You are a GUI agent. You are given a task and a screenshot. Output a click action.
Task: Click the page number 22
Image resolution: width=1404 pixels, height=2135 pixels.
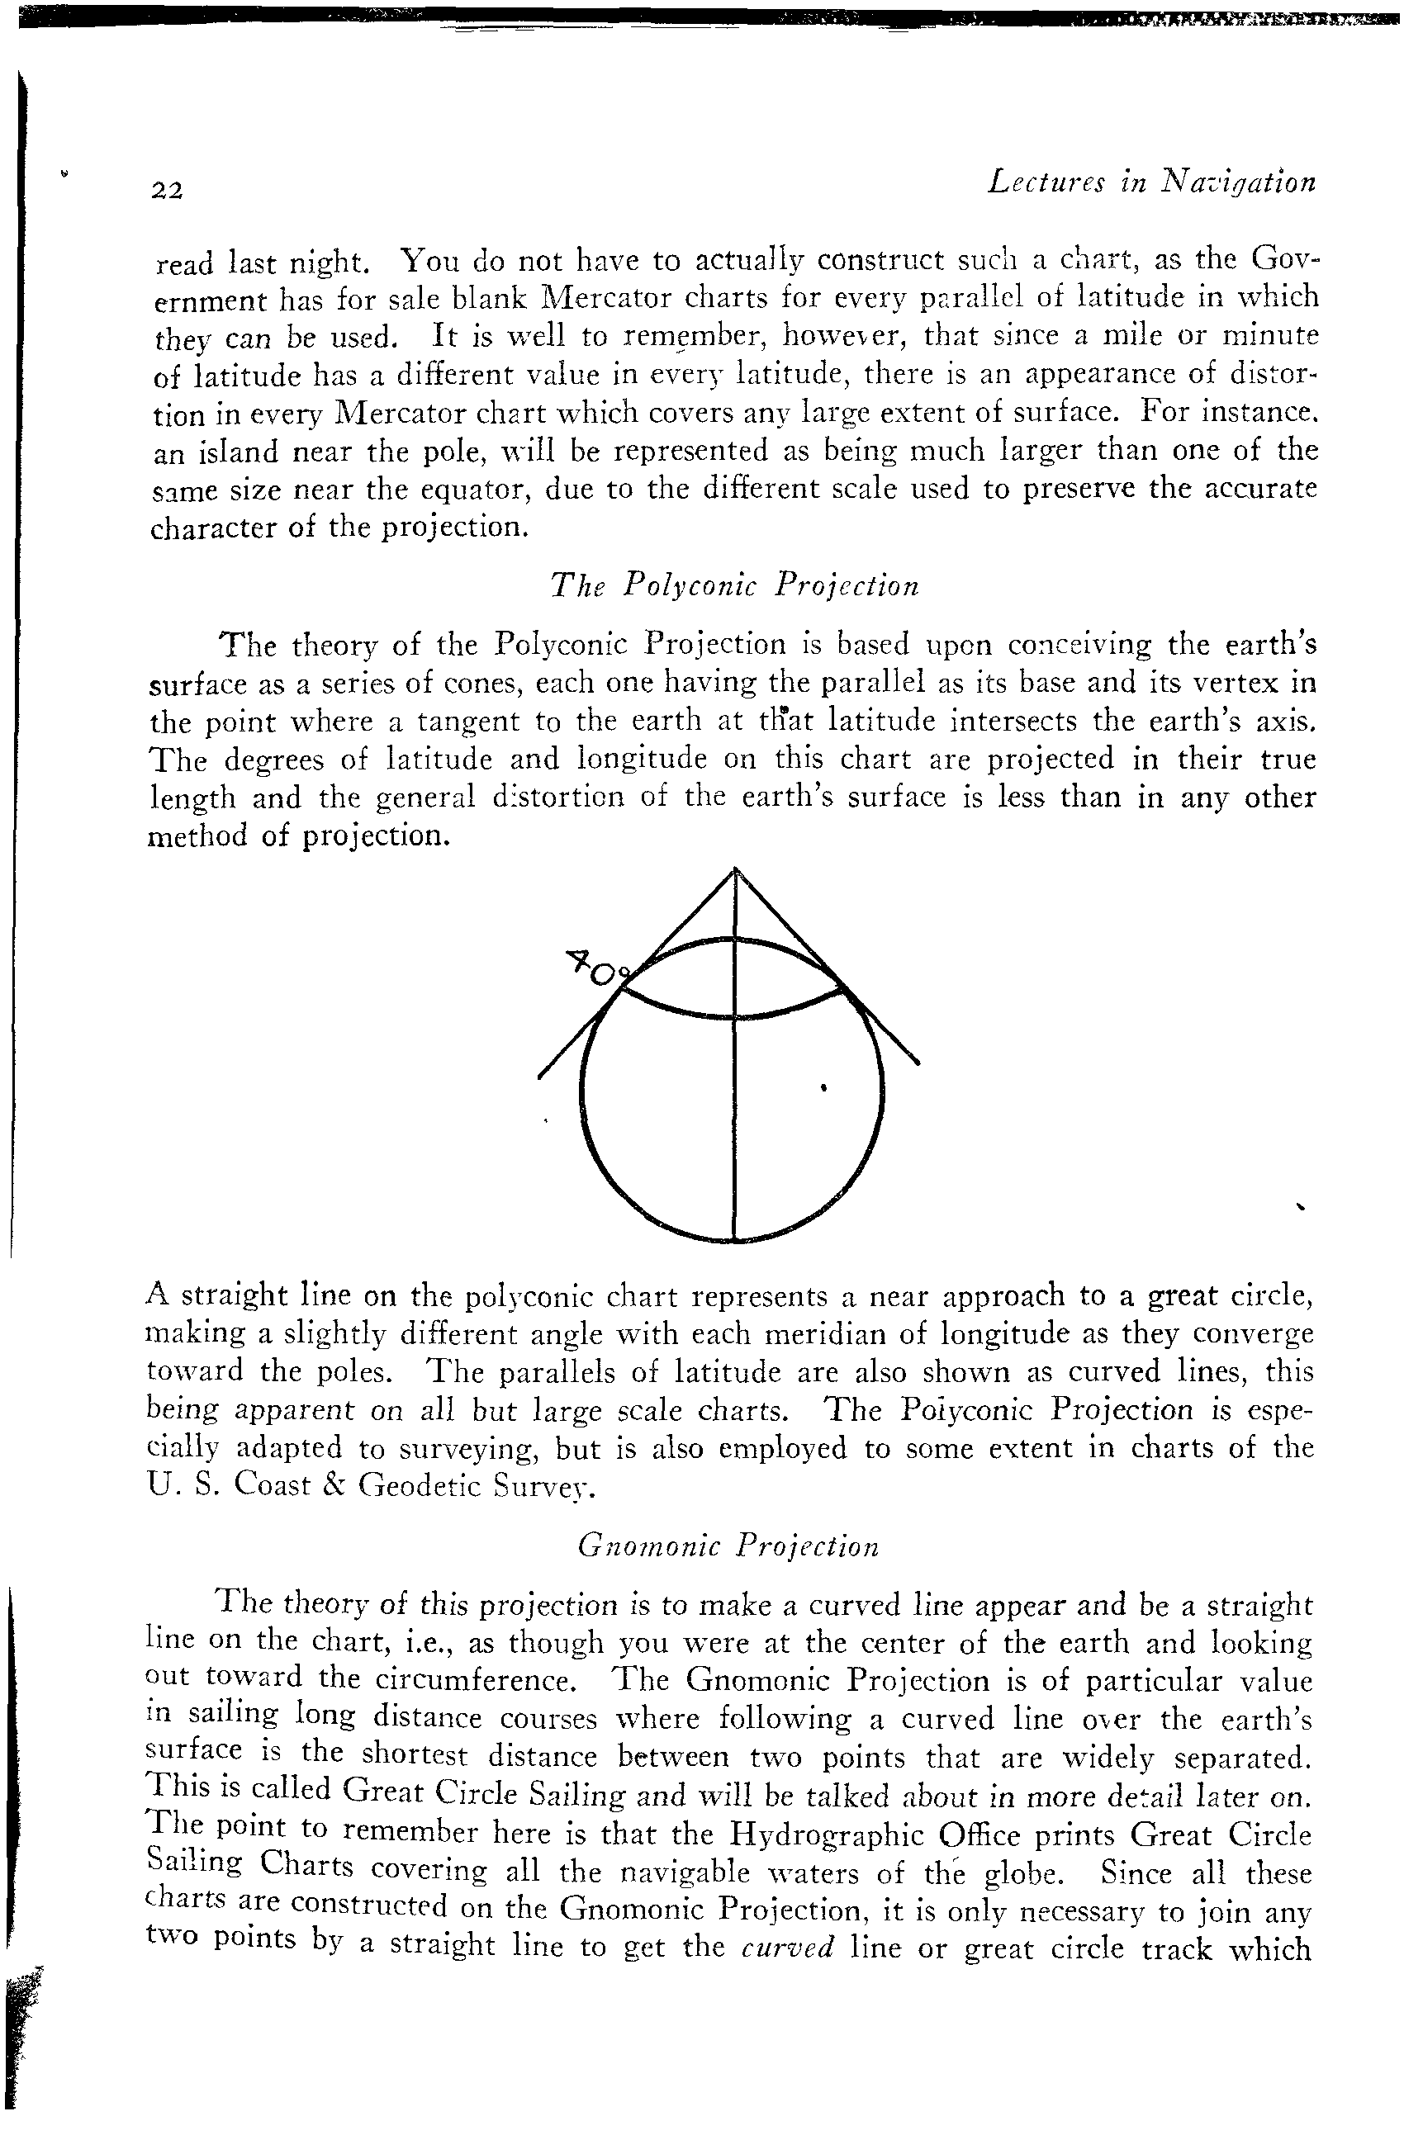tap(167, 190)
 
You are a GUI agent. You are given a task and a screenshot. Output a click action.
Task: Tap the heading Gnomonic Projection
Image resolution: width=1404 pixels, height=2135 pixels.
tap(728, 1545)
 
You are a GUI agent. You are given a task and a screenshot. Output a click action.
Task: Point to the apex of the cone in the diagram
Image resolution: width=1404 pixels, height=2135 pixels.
tap(736, 870)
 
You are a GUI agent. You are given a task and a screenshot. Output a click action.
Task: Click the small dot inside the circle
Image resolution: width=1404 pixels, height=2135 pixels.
tap(823, 1089)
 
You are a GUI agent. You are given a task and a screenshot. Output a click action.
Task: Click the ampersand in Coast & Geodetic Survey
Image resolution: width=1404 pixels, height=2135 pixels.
tap(324, 1486)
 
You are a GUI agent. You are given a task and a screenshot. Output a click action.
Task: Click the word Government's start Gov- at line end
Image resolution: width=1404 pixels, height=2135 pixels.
tap(1285, 259)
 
